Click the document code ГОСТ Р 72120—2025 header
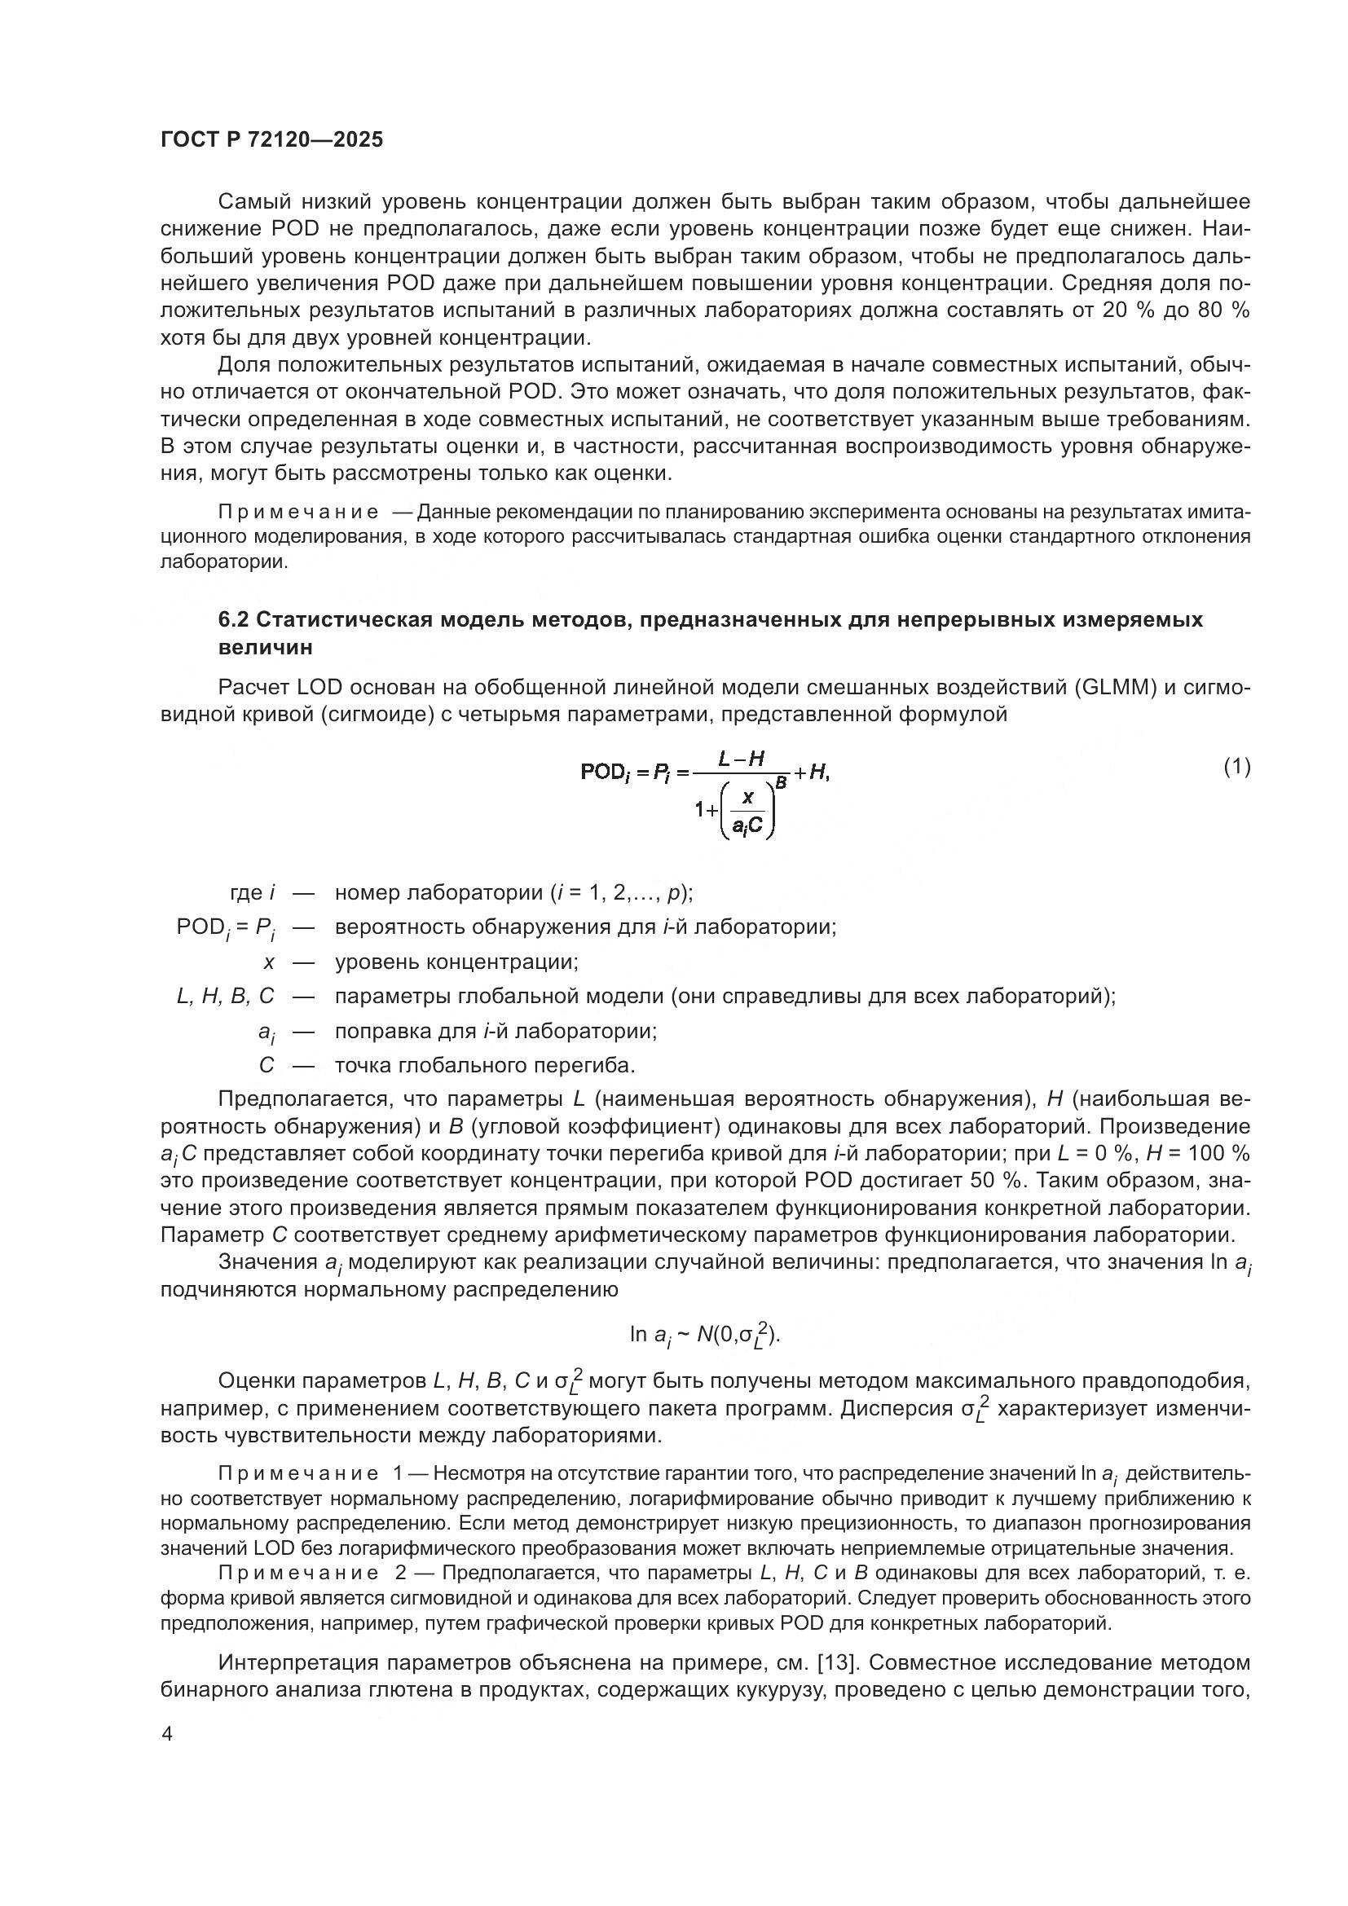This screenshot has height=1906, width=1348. [271, 139]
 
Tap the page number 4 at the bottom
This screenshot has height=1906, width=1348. [167, 1734]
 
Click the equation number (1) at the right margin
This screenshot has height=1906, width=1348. [1237, 766]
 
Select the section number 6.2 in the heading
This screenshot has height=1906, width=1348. [236, 619]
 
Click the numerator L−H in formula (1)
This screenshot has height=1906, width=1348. [741, 758]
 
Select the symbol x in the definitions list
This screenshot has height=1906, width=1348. [268, 962]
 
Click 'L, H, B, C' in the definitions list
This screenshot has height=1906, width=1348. [225, 996]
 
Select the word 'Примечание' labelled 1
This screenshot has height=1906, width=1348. [300, 1473]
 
